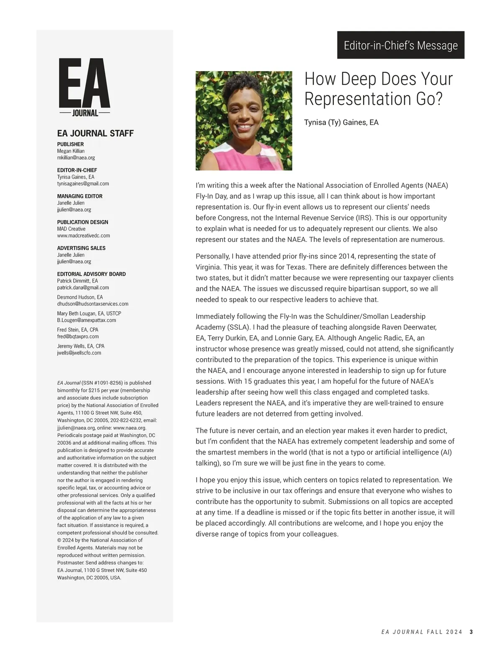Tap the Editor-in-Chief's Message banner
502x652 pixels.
400,45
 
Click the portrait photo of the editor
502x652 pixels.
244,121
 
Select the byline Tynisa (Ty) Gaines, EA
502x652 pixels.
341,123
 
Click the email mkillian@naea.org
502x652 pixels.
76,158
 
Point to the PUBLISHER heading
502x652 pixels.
70,144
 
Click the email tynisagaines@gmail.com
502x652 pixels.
83,184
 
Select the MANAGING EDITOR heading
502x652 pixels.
79,196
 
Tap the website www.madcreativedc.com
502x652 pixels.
83,236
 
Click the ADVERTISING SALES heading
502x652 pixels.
81,248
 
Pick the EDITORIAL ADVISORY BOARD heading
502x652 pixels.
91,274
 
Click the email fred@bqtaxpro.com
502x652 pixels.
78,336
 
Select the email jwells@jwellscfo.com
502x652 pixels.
79,353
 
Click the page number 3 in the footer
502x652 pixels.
471,632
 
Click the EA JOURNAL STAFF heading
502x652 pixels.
95,133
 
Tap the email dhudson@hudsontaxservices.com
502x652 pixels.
92,304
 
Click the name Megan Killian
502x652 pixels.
71,151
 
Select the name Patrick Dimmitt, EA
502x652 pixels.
77,281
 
